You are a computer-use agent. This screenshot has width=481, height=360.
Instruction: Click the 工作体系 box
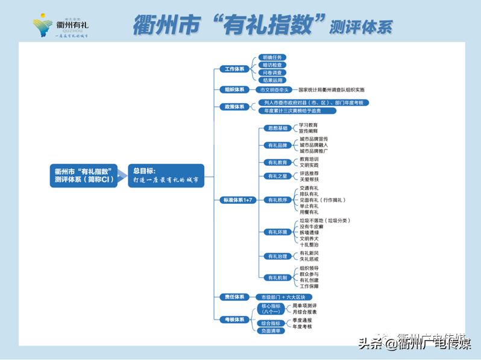pyautogui.click(x=234, y=69)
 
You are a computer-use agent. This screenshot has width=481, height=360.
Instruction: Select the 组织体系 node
pyautogui.click(x=234, y=89)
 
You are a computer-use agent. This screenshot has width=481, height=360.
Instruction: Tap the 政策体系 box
pyautogui.click(x=234, y=107)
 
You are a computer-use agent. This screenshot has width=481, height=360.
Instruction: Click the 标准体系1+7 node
pyautogui.click(x=238, y=200)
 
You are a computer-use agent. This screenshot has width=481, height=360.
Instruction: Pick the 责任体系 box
pyautogui.click(x=234, y=297)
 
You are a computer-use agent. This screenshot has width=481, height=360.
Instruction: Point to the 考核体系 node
pyautogui.click(x=234, y=319)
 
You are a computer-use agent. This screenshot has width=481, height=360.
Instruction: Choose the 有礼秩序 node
pyautogui.click(x=278, y=200)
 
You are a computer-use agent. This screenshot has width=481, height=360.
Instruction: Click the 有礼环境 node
pyautogui.click(x=278, y=232)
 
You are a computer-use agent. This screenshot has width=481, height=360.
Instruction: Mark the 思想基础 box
pyautogui.click(x=278, y=128)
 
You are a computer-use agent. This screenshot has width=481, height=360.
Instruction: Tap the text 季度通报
pyautogui.click(x=302, y=320)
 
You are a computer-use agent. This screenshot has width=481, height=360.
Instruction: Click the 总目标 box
pyautogui.click(x=165, y=175)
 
